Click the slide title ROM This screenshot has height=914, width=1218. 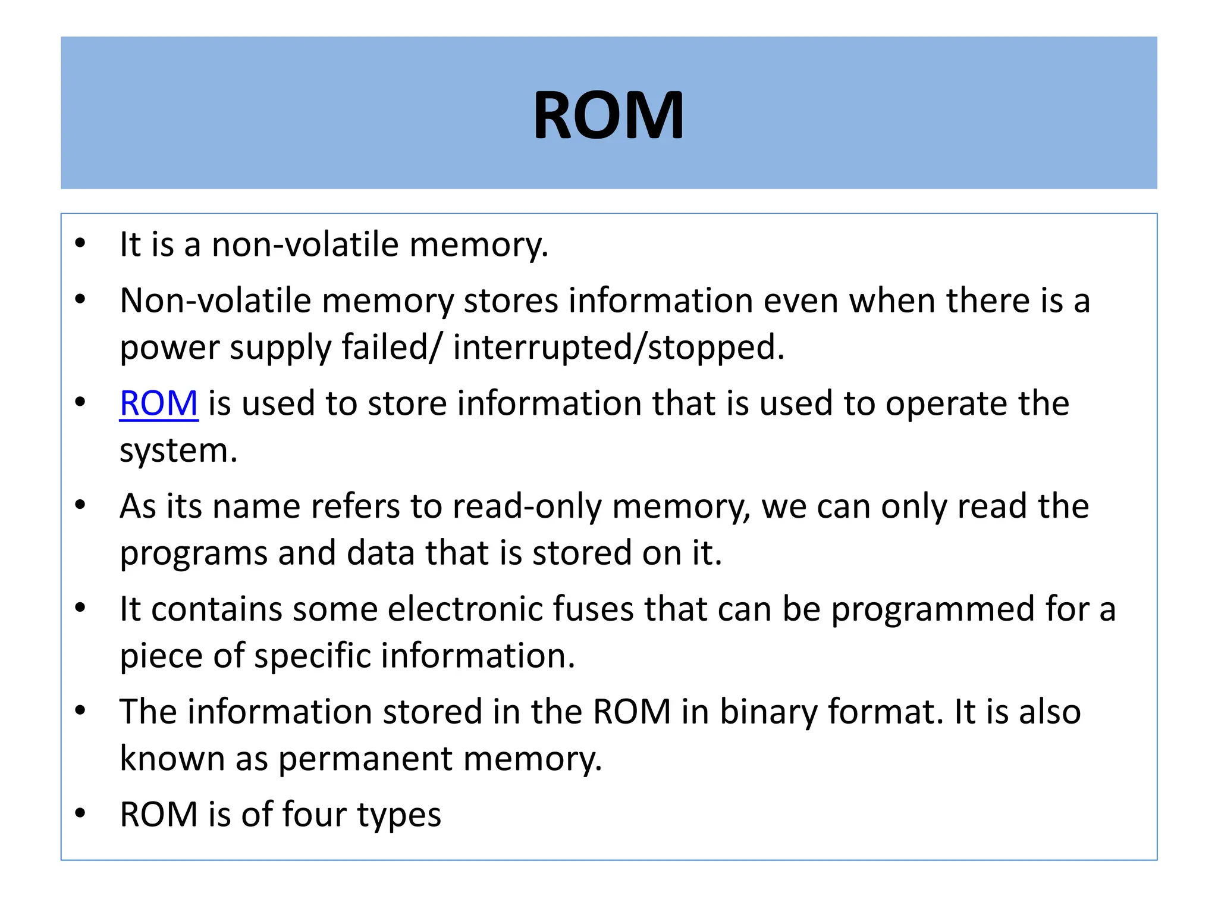[x=608, y=115]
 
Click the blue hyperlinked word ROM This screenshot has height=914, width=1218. [x=158, y=403]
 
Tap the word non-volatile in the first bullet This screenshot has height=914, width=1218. [x=304, y=245]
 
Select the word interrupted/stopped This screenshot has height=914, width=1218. [x=619, y=348]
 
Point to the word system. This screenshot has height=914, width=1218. [x=178, y=451]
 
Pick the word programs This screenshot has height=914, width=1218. [x=194, y=553]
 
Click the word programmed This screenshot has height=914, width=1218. [x=933, y=609]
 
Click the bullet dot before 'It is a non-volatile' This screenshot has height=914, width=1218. [x=80, y=243]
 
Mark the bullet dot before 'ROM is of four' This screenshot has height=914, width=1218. [x=80, y=813]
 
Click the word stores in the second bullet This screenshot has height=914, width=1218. [x=511, y=301]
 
